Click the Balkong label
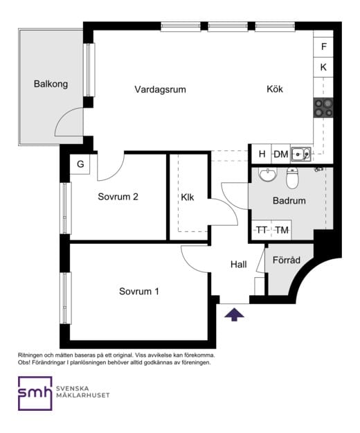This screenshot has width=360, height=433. (51, 84)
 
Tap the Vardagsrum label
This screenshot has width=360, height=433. (160, 89)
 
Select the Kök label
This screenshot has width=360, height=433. (275, 89)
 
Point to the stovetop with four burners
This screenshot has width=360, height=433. (323, 108)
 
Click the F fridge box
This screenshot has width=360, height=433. (323, 46)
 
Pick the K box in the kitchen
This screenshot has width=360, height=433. (323, 67)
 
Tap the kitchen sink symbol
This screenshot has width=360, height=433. (301, 154)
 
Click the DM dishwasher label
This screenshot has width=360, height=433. (281, 154)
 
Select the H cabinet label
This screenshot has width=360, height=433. (262, 154)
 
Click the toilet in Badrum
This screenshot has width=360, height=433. (292, 177)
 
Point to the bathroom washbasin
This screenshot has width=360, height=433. (267, 175)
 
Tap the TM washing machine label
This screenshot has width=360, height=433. (282, 230)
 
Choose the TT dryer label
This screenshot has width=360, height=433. (262, 230)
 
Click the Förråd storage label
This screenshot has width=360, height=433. (287, 260)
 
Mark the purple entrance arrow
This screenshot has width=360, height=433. (234, 315)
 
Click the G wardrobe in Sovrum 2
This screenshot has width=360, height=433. (80, 164)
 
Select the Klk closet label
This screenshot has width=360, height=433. (188, 197)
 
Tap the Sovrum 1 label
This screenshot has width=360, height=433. (139, 292)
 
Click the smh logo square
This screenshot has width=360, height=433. (35, 394)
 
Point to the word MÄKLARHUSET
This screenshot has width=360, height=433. (83, 395)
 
